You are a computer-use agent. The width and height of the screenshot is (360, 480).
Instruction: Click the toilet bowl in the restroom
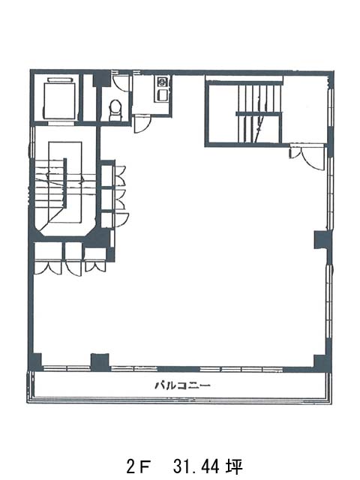[x=115, y=109]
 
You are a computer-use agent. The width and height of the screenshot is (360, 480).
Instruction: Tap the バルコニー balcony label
[x=182, y=385]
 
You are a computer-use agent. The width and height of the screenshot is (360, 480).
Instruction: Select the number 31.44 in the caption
[x=196, y=466]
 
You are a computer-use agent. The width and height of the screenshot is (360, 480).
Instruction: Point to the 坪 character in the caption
[x=235, y=467]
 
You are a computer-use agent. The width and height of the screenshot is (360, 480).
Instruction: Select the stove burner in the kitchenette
[x=162, y=82]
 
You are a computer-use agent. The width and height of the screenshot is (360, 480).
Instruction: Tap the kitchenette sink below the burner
[x=162, y=94]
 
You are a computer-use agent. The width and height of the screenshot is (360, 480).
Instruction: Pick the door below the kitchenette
[x=142, y=124]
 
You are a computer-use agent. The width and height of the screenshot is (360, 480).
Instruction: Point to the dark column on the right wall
[x=323, y=240]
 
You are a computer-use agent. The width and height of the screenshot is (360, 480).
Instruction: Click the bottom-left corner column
[x=35, y=362]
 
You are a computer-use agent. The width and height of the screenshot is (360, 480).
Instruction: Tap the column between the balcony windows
[x=100, y=363]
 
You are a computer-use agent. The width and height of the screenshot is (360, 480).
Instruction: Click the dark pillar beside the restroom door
[x=102, y=79]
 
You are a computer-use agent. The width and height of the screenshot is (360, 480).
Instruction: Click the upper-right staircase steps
[x=259, y=114]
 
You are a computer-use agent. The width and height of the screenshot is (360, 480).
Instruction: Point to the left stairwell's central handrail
[x=65, y=182]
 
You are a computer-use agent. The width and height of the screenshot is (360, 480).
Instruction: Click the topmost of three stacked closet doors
[x=119, y=175]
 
